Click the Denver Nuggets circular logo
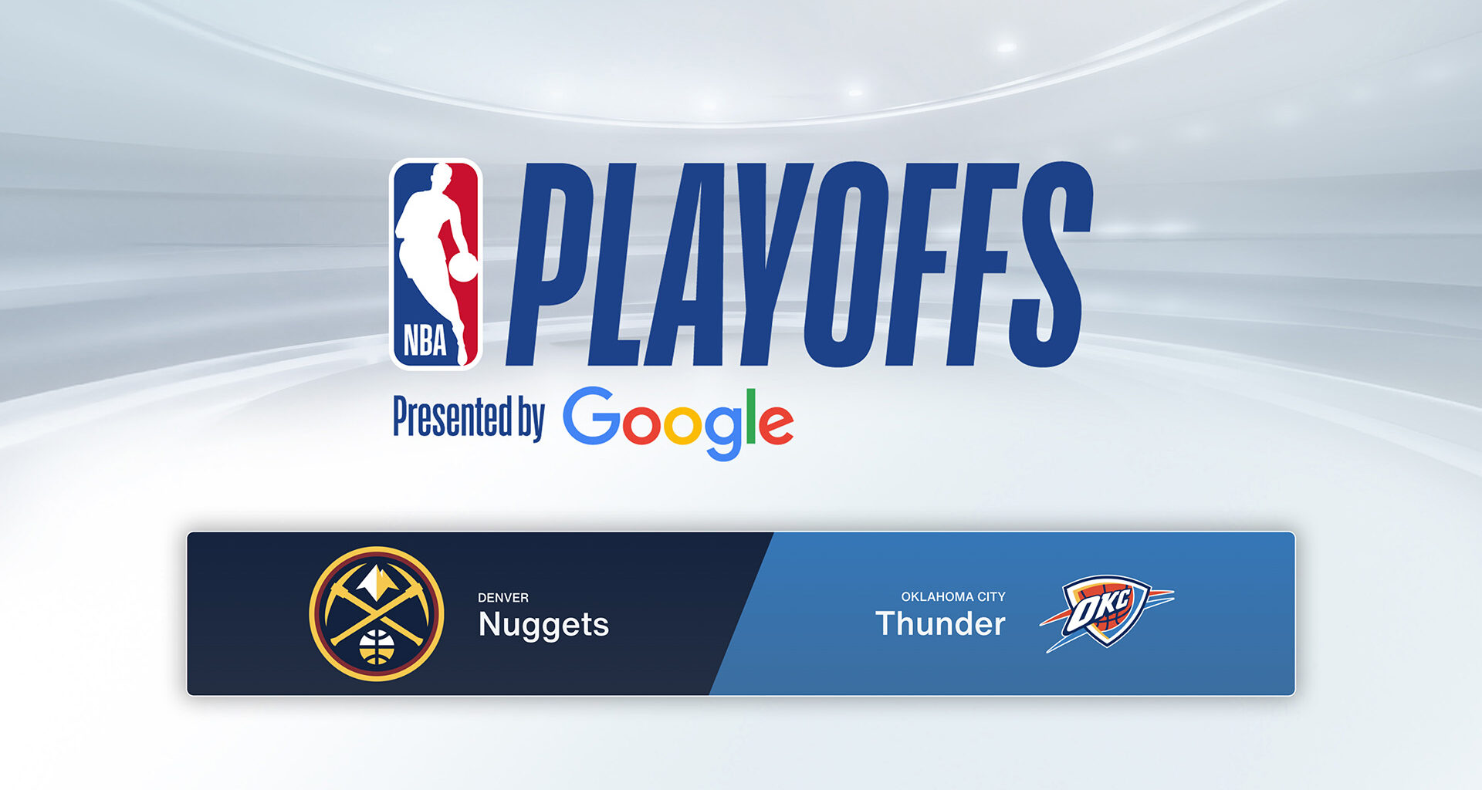click(377, 613)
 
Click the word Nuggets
click(543, 625)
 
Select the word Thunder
click(940, 623)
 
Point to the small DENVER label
click(502, 598)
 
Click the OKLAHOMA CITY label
click(952, 596)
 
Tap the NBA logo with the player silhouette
click(436, 264)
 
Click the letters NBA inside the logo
click(425, 341)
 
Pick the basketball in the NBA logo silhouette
click(463, 267)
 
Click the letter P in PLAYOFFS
click(550, 262)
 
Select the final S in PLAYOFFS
click(1051, 262)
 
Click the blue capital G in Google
click(592, 417)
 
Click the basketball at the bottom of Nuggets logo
click(377, 647)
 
